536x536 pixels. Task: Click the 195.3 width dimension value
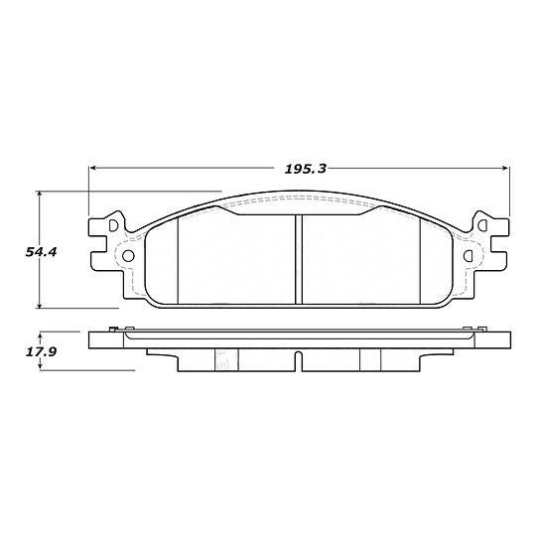point(306,169)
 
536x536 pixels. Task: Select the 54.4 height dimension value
point(41,252)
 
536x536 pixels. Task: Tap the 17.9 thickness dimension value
point(41,352)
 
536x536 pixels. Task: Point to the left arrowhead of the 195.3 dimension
point(92,168)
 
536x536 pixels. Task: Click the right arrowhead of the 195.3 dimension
point(506,168)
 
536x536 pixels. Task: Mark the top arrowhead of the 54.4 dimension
point(40,195)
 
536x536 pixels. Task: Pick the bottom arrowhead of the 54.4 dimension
point(40,305)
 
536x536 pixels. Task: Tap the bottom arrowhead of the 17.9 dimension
point(41,366)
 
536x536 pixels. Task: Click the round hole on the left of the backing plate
point(128,256)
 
